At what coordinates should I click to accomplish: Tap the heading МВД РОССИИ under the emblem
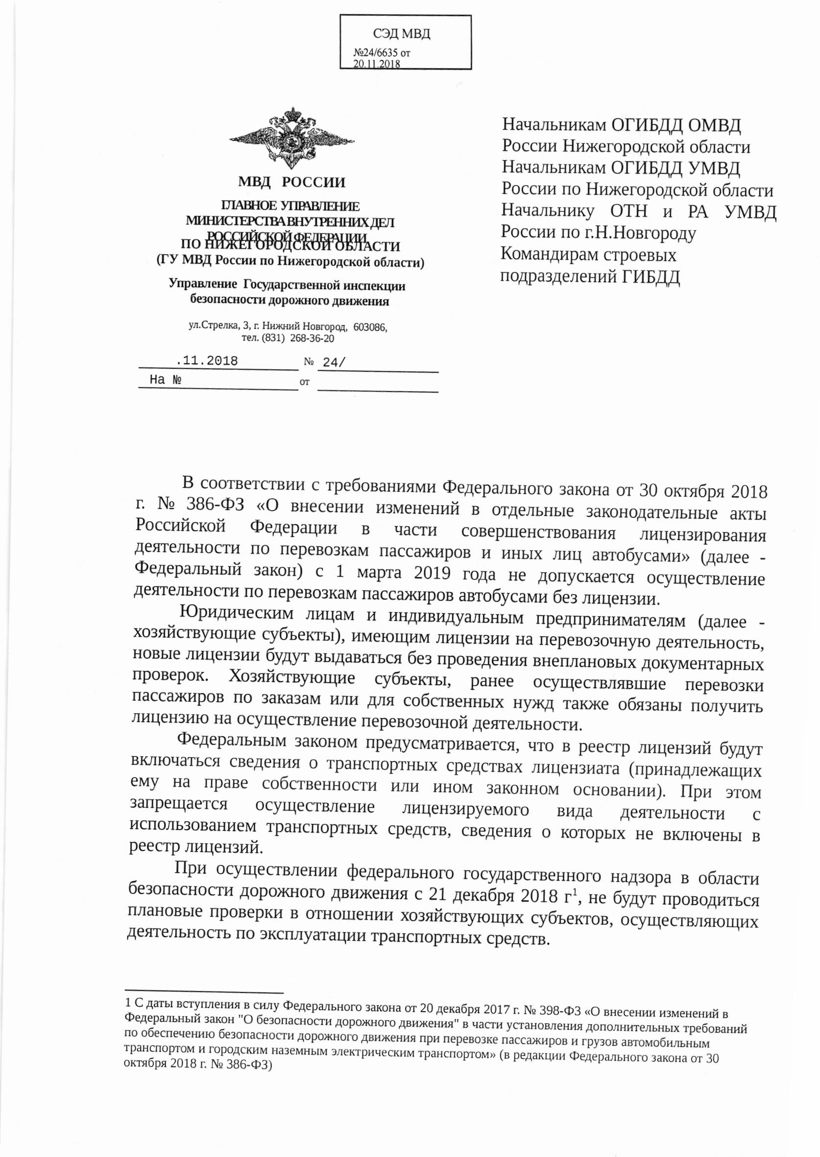[x=292, y=182]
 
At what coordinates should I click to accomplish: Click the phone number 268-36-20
[x=312, y=337]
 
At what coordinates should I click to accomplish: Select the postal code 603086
[x=370, y=327]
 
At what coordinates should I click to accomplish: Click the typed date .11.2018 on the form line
[x=208, y=361]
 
